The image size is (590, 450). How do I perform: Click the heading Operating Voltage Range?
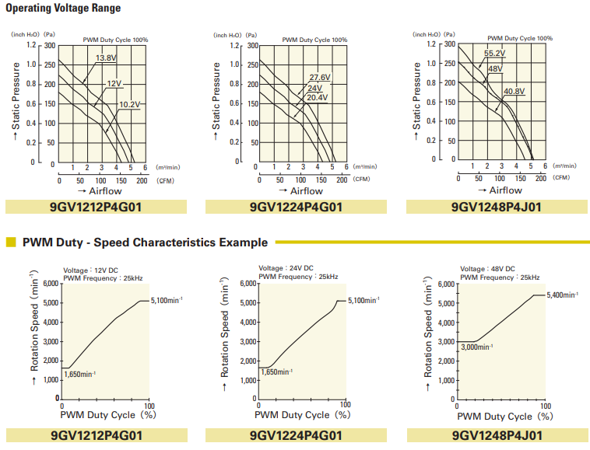(x=63, y=9)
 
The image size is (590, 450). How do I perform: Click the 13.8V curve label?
(x=106, y=58)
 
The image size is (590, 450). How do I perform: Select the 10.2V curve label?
(x=129, y=105)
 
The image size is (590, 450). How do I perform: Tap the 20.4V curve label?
(x=317, y=97)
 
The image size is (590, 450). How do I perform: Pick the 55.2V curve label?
(x=495, y=54)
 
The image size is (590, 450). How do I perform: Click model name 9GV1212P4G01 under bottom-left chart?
(x=96, y=435)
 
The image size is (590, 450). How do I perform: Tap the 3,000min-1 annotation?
(x=477, y=347)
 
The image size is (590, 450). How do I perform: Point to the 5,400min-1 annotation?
(x=562, y=295)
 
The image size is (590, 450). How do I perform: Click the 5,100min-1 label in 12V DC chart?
(x=166, y=300)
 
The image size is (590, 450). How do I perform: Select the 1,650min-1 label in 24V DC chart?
(x=280, y=372)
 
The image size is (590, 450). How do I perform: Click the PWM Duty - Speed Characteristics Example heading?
(x=145, y=242)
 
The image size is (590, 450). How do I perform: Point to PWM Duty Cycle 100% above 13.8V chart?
(x=115, y=40)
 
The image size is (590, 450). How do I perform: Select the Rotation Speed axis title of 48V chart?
(x=427, y=331)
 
